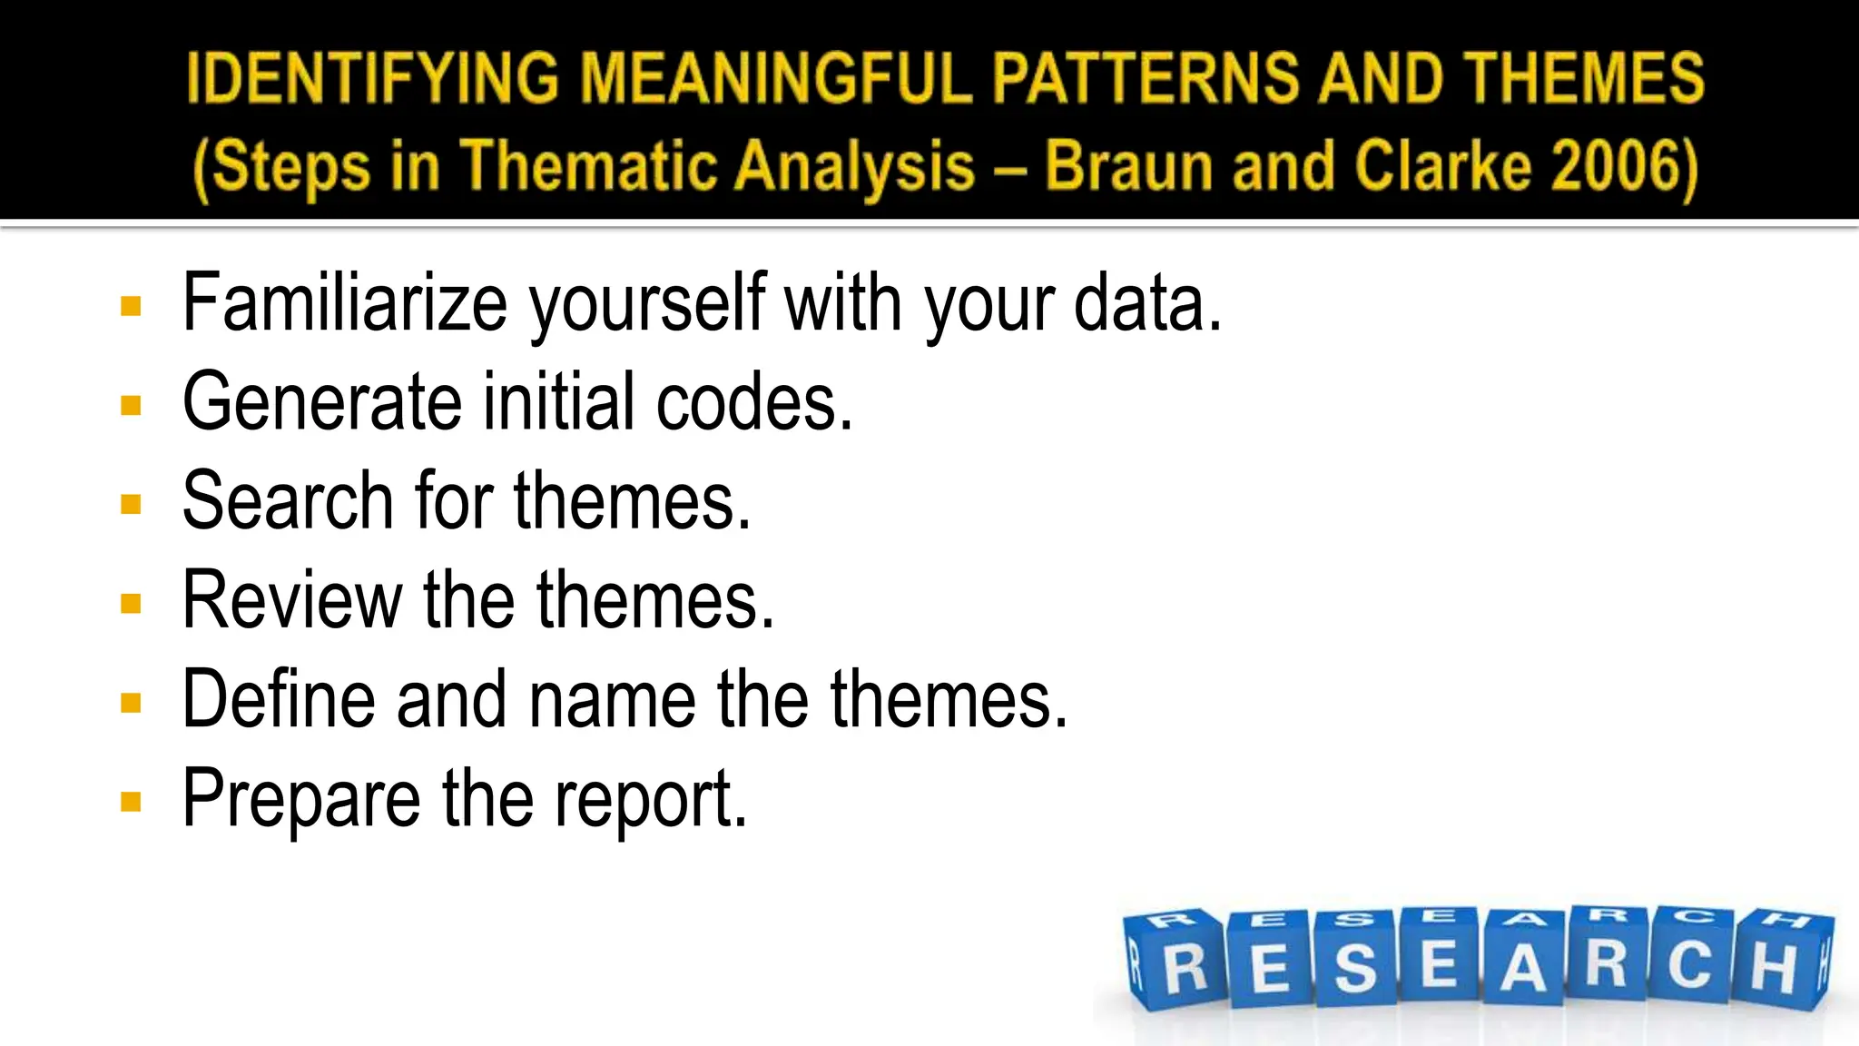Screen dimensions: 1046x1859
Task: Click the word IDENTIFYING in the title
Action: (372, 78)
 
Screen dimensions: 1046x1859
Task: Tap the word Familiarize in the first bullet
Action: (344, 303)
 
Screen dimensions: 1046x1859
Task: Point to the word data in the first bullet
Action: (1147, 303)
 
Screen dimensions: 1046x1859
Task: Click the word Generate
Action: (322, 402)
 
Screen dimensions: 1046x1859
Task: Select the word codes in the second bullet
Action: (753, 402)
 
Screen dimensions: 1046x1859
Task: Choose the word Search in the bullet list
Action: (287, 501)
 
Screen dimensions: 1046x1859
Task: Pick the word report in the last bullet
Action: (650, 800)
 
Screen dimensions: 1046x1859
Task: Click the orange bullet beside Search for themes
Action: (131, 504)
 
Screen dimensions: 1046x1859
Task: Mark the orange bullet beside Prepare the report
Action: (131, 802)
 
